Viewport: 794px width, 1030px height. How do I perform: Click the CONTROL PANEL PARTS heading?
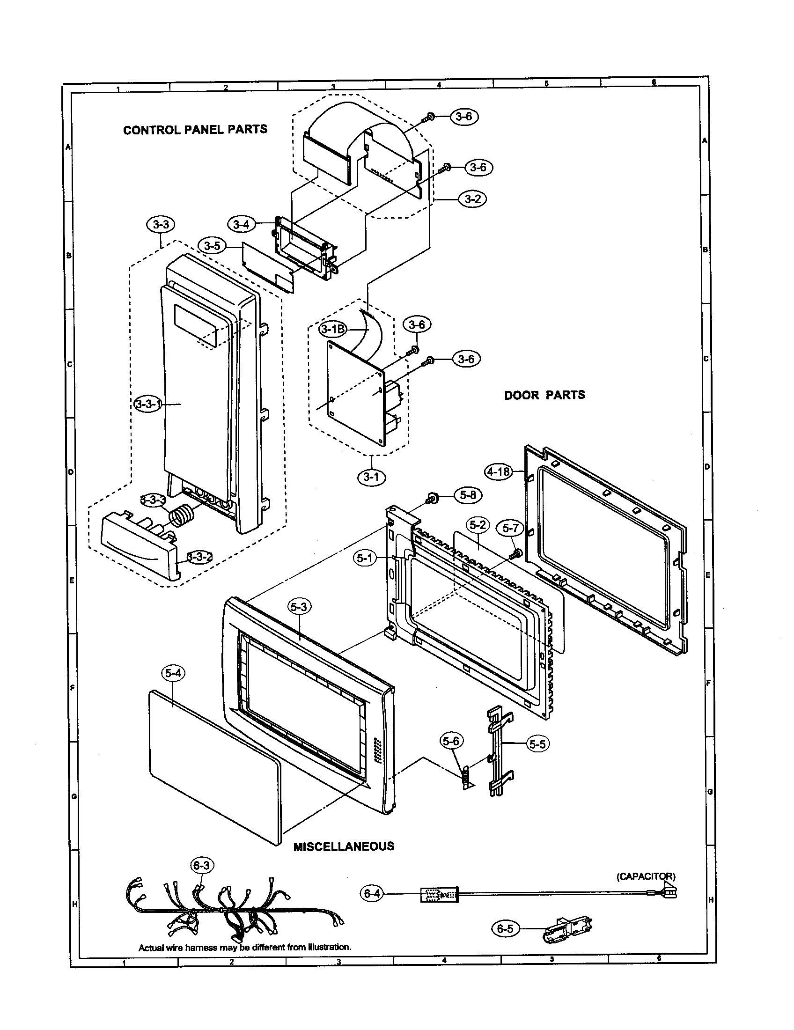coord(195,130)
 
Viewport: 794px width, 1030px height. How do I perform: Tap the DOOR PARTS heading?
coord(544,395)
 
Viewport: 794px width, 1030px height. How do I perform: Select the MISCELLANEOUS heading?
coord(344,846)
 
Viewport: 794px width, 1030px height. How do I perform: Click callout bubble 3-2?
coord(472,199)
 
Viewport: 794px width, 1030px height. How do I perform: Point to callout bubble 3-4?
coord(241,224)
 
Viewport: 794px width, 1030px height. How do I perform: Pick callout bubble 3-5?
coord(212,246)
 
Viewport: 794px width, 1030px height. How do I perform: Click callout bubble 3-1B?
coord(332,329)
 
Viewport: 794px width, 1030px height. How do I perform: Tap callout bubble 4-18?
coord(499,471)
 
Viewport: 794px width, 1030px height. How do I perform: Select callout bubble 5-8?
coord(468,495)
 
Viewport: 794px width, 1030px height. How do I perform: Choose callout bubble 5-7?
coord(510,528)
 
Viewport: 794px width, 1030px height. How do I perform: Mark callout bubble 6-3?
coord(201,865)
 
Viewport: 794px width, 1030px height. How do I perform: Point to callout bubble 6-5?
coord(505,928)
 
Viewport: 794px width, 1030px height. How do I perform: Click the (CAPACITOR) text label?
coord(646,876)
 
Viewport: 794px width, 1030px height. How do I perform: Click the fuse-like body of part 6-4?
coord(439,894)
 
